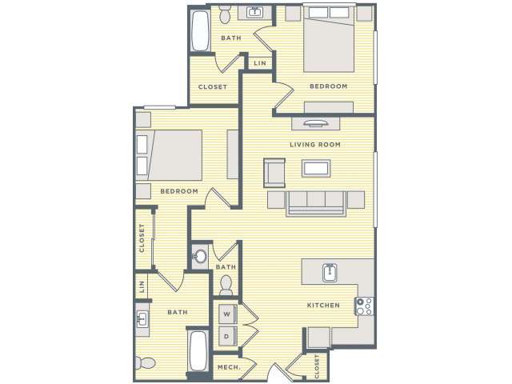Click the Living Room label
pos(315,144)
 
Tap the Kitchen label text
pos(323,306)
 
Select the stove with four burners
pos(365,306)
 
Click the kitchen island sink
pos(330,273)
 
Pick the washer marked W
pos(227,314)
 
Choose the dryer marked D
pos(227,336)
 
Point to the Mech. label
pos(229,368)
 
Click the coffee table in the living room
pos(316,169)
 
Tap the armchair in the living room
pos(274,173)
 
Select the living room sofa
pos(316,203)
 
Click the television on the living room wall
pos(315,123)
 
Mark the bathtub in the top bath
pos(200,30)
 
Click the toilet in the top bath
pos(225,14)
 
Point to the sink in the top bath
pos(254,12)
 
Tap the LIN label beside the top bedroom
pos(260,63)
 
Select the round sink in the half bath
pos(199,256)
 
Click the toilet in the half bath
pos(226,285)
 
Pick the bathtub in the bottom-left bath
pos(198,351)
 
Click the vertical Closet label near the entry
pos(317,366)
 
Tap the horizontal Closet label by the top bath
pos(213,87)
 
